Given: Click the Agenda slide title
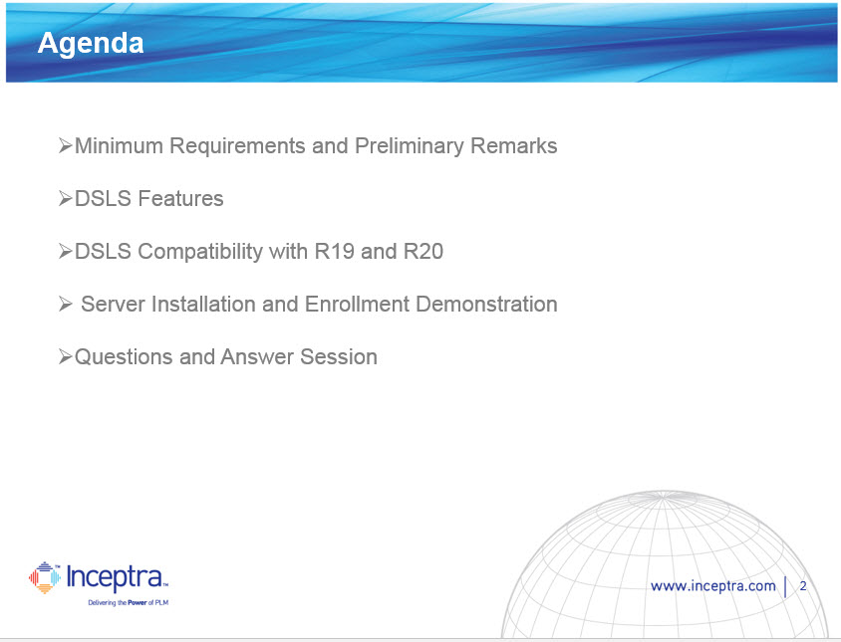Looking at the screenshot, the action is coord(91,44).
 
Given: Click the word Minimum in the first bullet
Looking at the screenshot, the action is coord(119,145).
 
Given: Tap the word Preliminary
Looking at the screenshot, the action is coord(410,146).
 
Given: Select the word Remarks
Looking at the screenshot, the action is coord(514,145).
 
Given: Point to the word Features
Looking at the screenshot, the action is coord(180,198).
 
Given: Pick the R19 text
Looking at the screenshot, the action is coord(334,252).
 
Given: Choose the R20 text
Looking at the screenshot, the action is coord(423,252).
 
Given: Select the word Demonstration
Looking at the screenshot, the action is coord(486,304).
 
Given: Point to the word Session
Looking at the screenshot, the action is coord(339,357).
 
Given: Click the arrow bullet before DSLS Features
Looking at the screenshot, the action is coord(66,198).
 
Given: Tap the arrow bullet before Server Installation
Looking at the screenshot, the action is coord(66,304).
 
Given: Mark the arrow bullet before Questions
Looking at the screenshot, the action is coord(66,356).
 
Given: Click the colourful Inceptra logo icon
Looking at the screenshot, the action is coord(45,577).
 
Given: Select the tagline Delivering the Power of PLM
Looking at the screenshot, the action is coord(129,603).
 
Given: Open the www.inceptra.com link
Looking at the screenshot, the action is coord(712,585).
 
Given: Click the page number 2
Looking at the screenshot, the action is coord(803,585).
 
